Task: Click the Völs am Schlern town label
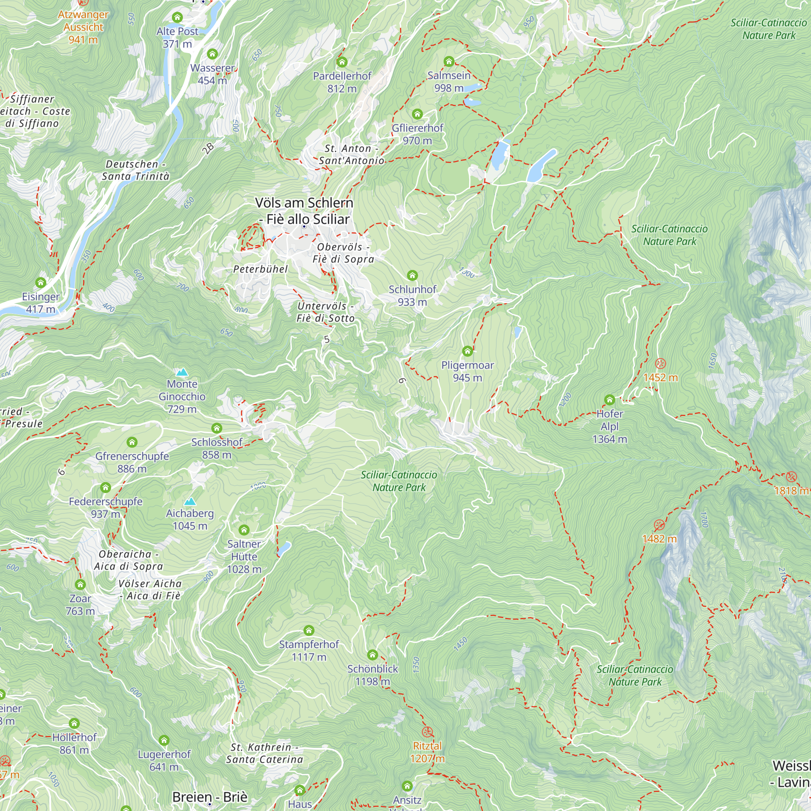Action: click(x=304, y=211)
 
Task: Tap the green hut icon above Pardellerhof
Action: click(x=342, y=62)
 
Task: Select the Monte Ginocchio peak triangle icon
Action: click(x=182, y=372)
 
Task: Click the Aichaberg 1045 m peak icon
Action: click(x=190, y=501)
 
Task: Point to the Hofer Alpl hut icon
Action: click(x=609, y=400)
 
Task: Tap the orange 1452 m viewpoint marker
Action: click(x=660, y=363)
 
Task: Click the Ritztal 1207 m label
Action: click(x=427, y=752)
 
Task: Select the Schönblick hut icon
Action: click(x=372, y=655)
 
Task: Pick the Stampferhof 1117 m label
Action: click(x=309, y=650)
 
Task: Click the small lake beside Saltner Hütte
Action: click(x=284, y=548)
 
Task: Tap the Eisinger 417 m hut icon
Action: click(x=41, y=283)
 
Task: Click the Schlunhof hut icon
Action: click(x=412, y=275)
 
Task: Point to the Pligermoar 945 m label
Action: click(x=467, y=371)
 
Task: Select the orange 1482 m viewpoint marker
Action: click(x=659, y=525)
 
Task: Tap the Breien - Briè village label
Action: click(x=210, y=797)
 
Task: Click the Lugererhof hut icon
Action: click(x=164, y=740)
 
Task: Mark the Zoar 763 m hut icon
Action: click(x=80, y=584)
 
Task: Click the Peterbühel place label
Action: click(x=260, y=269)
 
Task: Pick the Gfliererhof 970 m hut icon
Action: click(x=417, y=114)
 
